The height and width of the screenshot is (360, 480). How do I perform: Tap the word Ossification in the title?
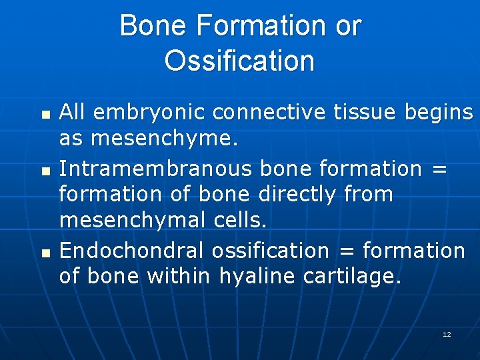click(239, 61)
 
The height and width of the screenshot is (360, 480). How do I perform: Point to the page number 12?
click(447, 334)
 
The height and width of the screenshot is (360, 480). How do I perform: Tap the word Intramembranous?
click(155, 169)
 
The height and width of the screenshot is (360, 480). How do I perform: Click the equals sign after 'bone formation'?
click(437, 169)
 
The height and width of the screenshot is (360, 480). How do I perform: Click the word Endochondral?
click(131, 251)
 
